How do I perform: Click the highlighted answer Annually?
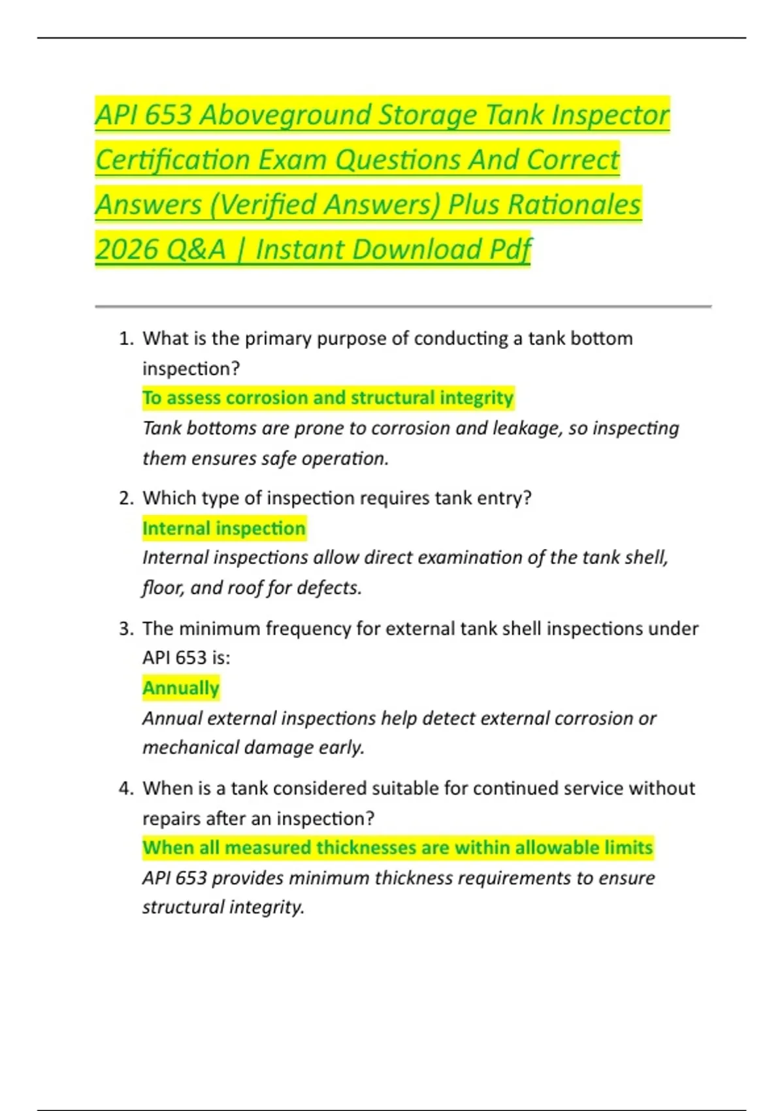click(181, 688)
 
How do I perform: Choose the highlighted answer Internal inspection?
click(224, 528)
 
